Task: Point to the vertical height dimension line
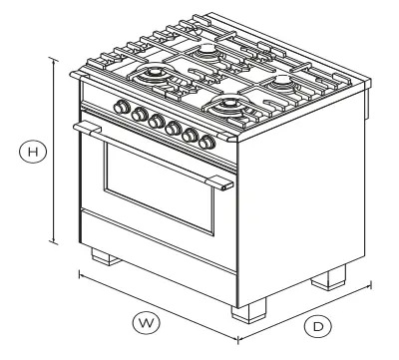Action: pos(53,150)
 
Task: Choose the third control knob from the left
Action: pos(155,121)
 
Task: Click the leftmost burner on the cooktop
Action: pos(157,76)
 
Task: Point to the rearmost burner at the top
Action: pos(206,50)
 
